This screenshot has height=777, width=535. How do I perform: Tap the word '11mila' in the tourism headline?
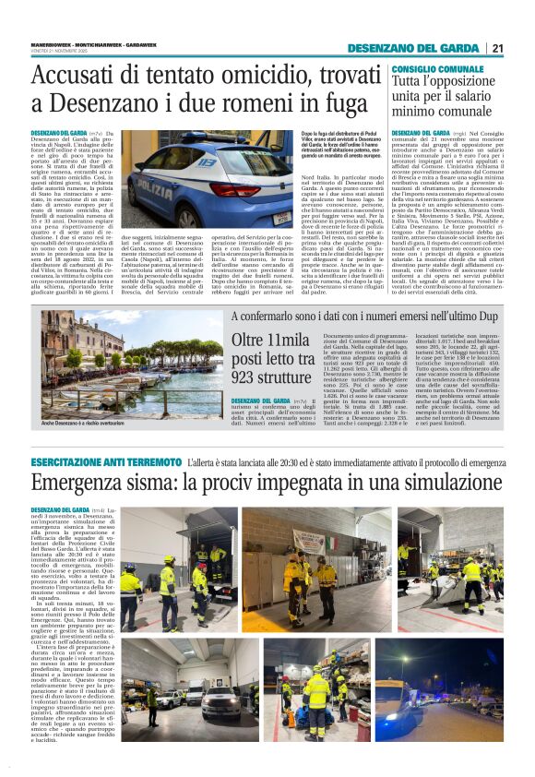click(274, 341)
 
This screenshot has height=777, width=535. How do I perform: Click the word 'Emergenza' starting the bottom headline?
click(86, 484)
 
